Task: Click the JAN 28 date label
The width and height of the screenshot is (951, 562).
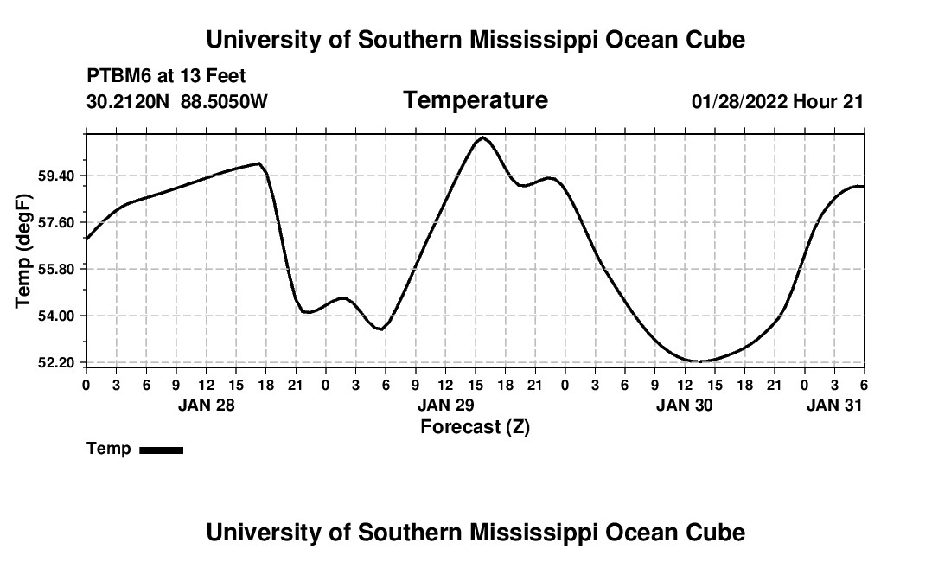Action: pyautogui.click(x=206, y=405)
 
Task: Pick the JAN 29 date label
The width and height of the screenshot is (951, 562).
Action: pyautogui.click(x=445, y=405)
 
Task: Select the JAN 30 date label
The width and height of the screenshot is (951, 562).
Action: pyautogui.click(x=685, y=405)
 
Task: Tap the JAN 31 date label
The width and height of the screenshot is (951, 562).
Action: pyautogui.click(x=834, y=405)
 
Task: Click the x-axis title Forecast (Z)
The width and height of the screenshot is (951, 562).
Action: pyautogui.click(x=475, y=426)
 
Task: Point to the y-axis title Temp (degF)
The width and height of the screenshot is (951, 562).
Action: pyautogui.click(x=24, y=251)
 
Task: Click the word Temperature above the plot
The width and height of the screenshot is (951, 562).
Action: pyautogui.click(x=475, y=100)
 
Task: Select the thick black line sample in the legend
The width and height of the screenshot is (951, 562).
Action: pyautogui.click(x=162, y=450)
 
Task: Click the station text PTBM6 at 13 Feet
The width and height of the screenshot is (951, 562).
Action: pyautogui.click(x=166, y=76)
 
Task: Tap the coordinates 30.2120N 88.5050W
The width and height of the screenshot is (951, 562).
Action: pyautogui.click(x=177, y=102)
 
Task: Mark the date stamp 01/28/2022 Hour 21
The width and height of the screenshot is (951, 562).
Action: pyautogui.click(x=777, y=102)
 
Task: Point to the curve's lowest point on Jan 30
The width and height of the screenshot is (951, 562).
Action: pyautogui.click(x=700, y=361)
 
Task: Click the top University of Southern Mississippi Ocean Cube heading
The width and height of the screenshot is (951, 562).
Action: pyautogui.click(x=475, y=40)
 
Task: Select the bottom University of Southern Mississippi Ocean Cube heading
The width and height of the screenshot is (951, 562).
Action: pyautogui.click(x=475, y=532)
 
